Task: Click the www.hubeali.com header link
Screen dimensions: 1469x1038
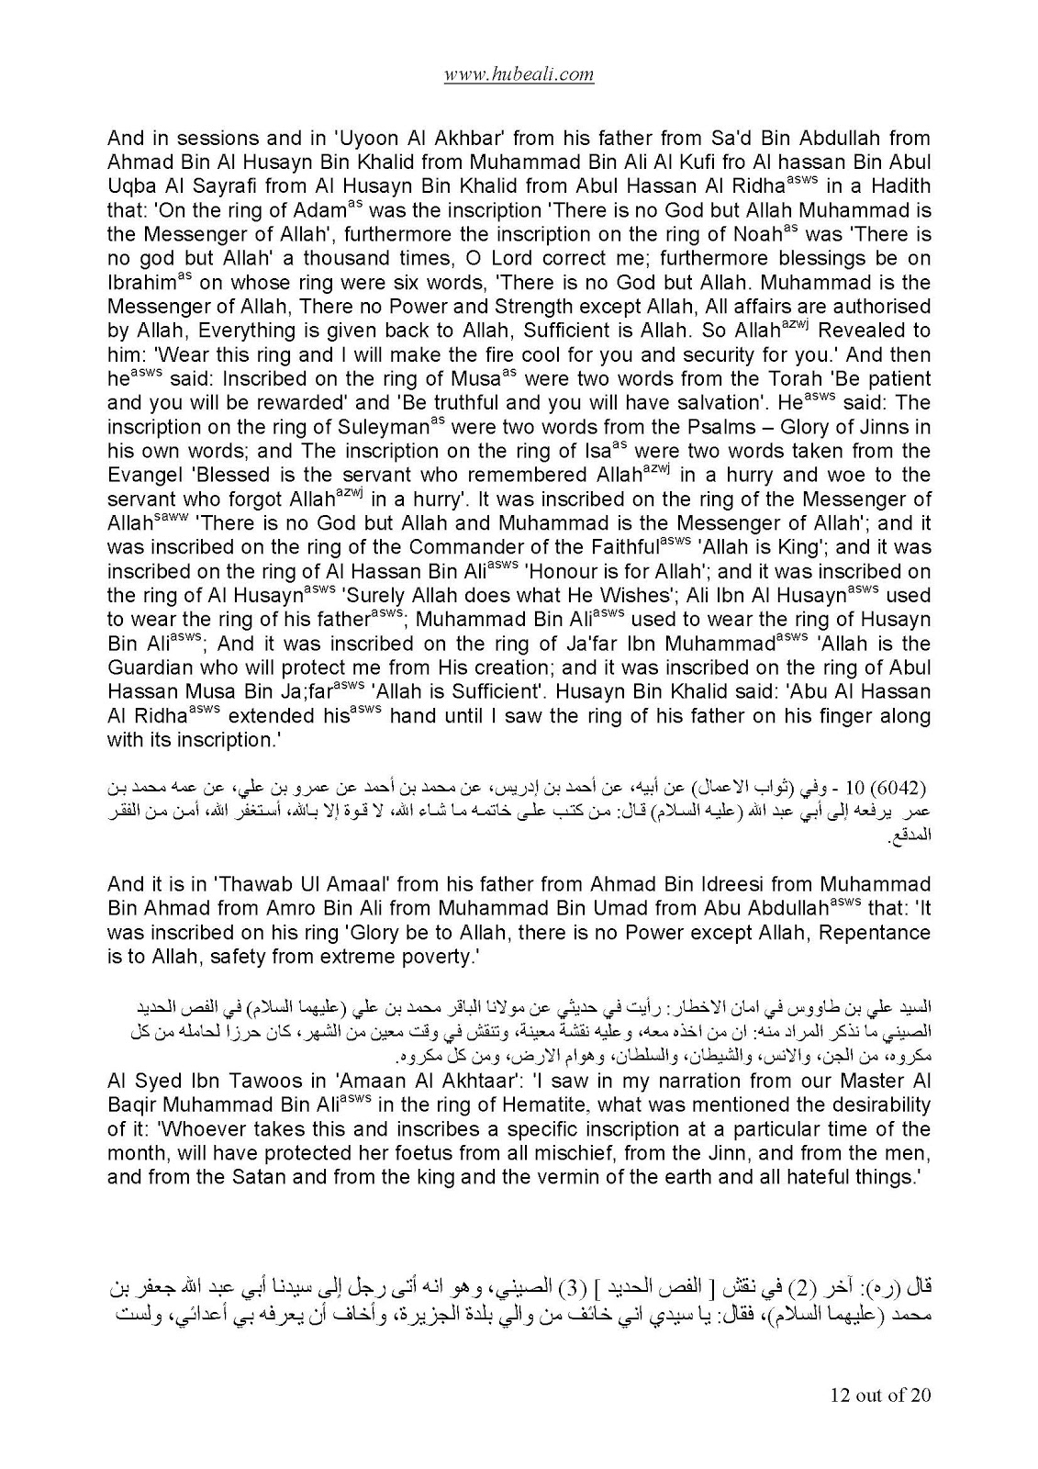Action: [519, 74]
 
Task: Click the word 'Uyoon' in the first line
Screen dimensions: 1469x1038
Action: [370, 139]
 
